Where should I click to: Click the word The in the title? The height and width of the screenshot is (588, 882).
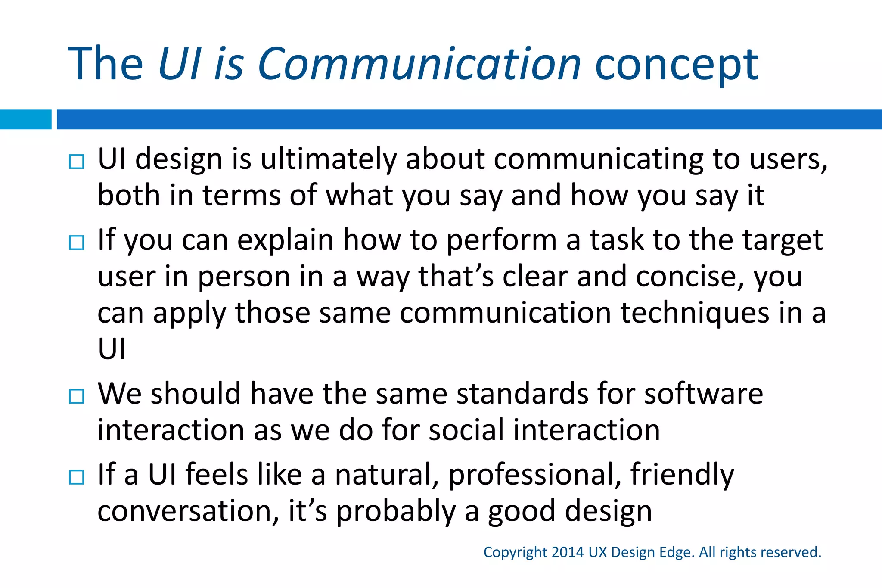[x=106, y=64]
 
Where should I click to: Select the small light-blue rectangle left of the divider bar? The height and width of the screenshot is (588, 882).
[x=25, y=119]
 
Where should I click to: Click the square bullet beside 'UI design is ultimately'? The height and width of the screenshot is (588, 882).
[x=77, y=162]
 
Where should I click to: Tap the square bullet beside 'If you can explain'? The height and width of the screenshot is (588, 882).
[x=77, y=243]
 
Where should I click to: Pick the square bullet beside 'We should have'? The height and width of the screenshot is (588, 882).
[x=77, y=396]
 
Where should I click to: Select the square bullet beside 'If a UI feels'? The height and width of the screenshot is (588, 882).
[x=77, y=477]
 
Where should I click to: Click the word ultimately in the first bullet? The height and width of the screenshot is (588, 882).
[x=328, y=159]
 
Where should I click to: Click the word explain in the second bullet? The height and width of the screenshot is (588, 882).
[x=285, y=240]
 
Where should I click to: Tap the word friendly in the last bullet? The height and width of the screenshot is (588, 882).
[x=682, y=474]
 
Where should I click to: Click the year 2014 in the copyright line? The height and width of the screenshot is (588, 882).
[x=567, y=552]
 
